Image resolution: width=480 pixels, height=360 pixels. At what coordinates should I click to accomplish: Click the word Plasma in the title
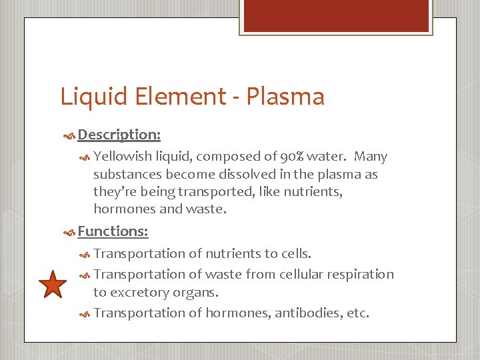tap(285, 97)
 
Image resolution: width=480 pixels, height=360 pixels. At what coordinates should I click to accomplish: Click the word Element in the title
tap(182, 97)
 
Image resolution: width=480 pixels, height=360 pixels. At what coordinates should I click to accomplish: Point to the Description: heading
tap(119, 135)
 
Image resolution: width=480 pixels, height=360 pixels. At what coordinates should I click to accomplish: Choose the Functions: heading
tap(113, 231)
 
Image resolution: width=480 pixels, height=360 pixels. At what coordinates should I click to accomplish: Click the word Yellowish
tap(122, 157)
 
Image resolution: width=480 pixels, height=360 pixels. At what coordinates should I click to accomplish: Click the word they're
tap(113, 192)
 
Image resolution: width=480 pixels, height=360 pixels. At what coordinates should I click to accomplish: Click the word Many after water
tap(371, 157)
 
